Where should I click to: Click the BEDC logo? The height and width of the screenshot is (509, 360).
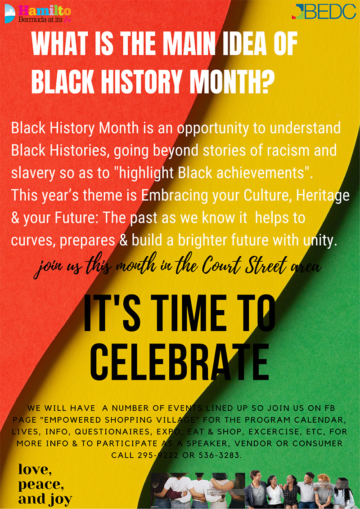pyautogui.click(x=324, y=12)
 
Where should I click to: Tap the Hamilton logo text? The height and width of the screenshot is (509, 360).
pyautogui.click(x=45, y=10)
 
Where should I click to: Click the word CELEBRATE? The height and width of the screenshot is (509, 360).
pyautogui.click(x=180, y=360)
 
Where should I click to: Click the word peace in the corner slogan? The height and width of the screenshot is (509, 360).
pyautogui.click(x=40, y=485)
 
